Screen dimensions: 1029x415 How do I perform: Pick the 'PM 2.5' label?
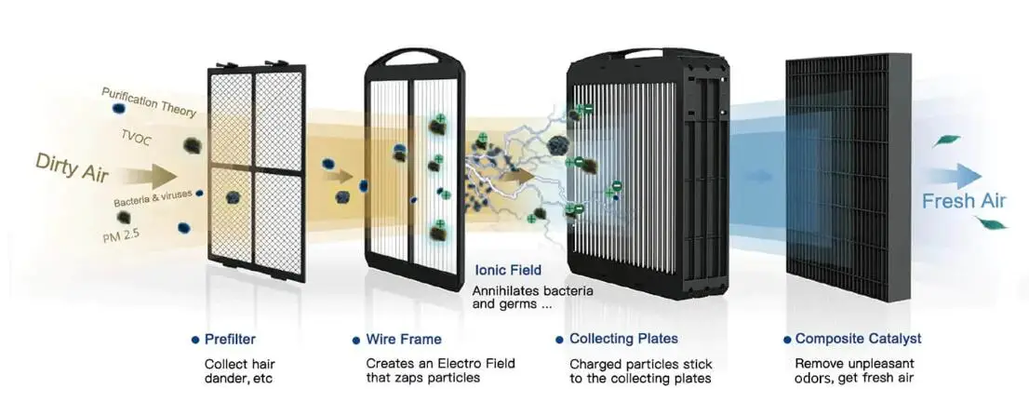122,238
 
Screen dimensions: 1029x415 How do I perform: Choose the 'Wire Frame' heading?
404,340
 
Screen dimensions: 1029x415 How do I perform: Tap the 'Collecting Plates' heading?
623,340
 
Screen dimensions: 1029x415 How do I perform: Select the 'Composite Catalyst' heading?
858,340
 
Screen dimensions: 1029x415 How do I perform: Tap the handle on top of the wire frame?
415,56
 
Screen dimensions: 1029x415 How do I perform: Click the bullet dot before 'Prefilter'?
194,340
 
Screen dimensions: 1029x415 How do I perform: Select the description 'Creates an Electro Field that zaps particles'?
440,370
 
